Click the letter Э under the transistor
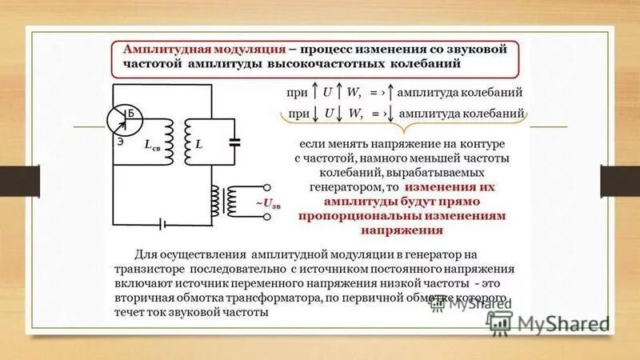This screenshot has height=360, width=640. pos(118,142)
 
